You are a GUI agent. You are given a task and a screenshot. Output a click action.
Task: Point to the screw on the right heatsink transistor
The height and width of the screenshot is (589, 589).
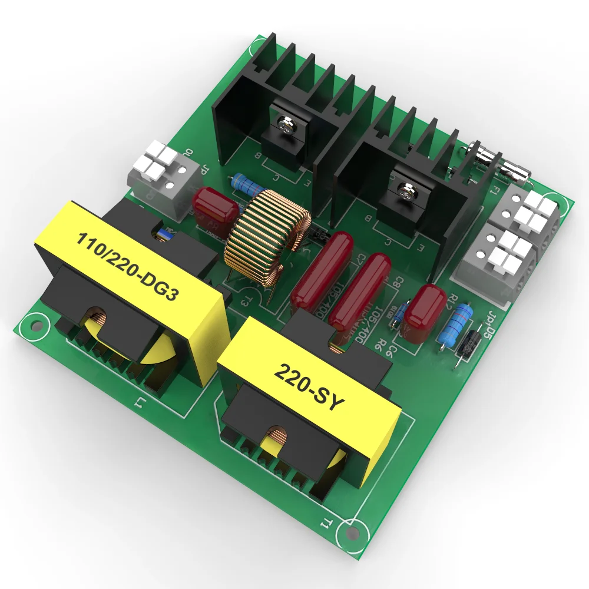tap(406, 190)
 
